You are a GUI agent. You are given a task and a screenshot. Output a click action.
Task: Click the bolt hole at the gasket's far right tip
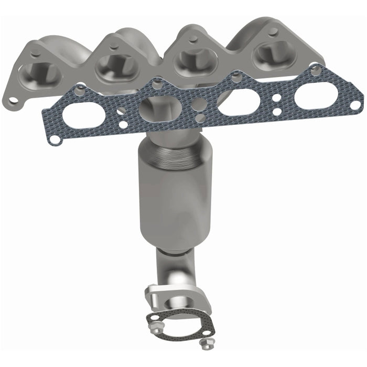(x=355, y=105)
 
